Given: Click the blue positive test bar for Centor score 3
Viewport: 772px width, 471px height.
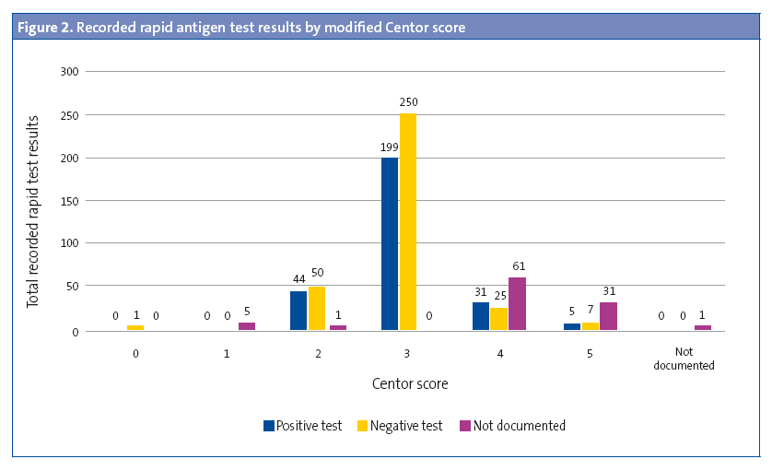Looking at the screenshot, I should (390, 243).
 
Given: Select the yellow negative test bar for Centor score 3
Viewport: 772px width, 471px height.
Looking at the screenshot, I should (408, 221).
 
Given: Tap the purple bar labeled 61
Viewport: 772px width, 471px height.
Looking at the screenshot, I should (518, 303).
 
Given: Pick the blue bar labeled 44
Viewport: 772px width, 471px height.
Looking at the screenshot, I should (298, 311).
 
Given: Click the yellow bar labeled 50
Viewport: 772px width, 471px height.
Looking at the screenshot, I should (317, 308).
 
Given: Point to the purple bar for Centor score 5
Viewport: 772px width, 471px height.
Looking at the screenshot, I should (608, 316).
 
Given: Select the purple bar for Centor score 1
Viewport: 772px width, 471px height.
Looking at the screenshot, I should (247, 325).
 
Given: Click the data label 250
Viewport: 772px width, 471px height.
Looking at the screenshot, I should (409, 102).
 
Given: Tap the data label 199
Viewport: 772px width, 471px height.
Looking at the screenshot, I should (390, 146).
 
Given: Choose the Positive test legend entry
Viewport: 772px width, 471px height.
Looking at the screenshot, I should (302, 426).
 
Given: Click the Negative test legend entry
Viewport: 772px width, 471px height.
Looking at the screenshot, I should (402, 426).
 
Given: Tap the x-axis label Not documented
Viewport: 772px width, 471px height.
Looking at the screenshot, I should (684, 359).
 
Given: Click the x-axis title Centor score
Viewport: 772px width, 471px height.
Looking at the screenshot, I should (410, 383).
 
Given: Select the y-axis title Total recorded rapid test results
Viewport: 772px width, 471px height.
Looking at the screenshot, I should (33, 212).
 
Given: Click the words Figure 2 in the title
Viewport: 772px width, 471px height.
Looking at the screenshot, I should (44, 28).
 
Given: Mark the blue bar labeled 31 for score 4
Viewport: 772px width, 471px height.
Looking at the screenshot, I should (481, 316).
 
